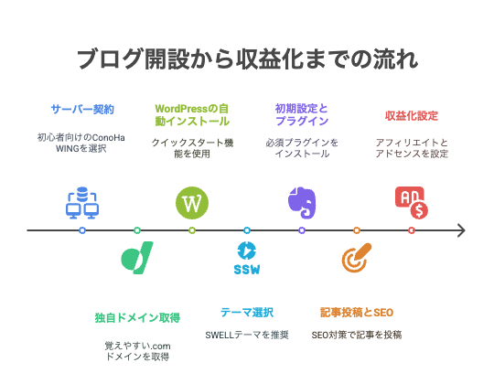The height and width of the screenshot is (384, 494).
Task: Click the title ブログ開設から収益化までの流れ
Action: coord(248,59)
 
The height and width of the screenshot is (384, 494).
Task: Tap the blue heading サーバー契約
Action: coord(82,109)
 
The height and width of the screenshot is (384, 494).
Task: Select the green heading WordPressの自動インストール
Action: coord(192,115)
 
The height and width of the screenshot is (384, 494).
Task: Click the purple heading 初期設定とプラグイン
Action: coord(302,115)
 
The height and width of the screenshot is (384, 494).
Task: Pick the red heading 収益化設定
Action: coord(412,115)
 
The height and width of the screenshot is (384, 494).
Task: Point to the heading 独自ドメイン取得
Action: coord(137,317)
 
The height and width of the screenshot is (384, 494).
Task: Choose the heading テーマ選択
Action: coord(247,313)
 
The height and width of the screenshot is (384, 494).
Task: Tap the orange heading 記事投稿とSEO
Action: coord(357,313)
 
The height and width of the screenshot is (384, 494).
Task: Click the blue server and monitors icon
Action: coord(82,203)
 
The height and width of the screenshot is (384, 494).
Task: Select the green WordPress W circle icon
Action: coord(192,203)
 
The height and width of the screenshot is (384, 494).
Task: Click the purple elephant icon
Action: coord(302,203)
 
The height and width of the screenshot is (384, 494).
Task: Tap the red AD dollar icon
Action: coord(412,203)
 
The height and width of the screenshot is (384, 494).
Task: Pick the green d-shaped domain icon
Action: coord(137,258)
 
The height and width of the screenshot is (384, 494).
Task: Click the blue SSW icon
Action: coord(247,258)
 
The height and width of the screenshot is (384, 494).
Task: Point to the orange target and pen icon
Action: coord(357,258)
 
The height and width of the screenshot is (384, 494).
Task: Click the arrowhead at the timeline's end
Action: coord(462,230)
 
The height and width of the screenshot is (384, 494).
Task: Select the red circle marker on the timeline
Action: coord(412,230)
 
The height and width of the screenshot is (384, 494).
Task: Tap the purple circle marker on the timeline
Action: coord(302,230)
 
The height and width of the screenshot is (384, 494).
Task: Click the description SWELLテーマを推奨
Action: coord(247,335)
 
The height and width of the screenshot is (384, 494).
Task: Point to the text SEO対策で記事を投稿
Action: coord(357,335)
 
